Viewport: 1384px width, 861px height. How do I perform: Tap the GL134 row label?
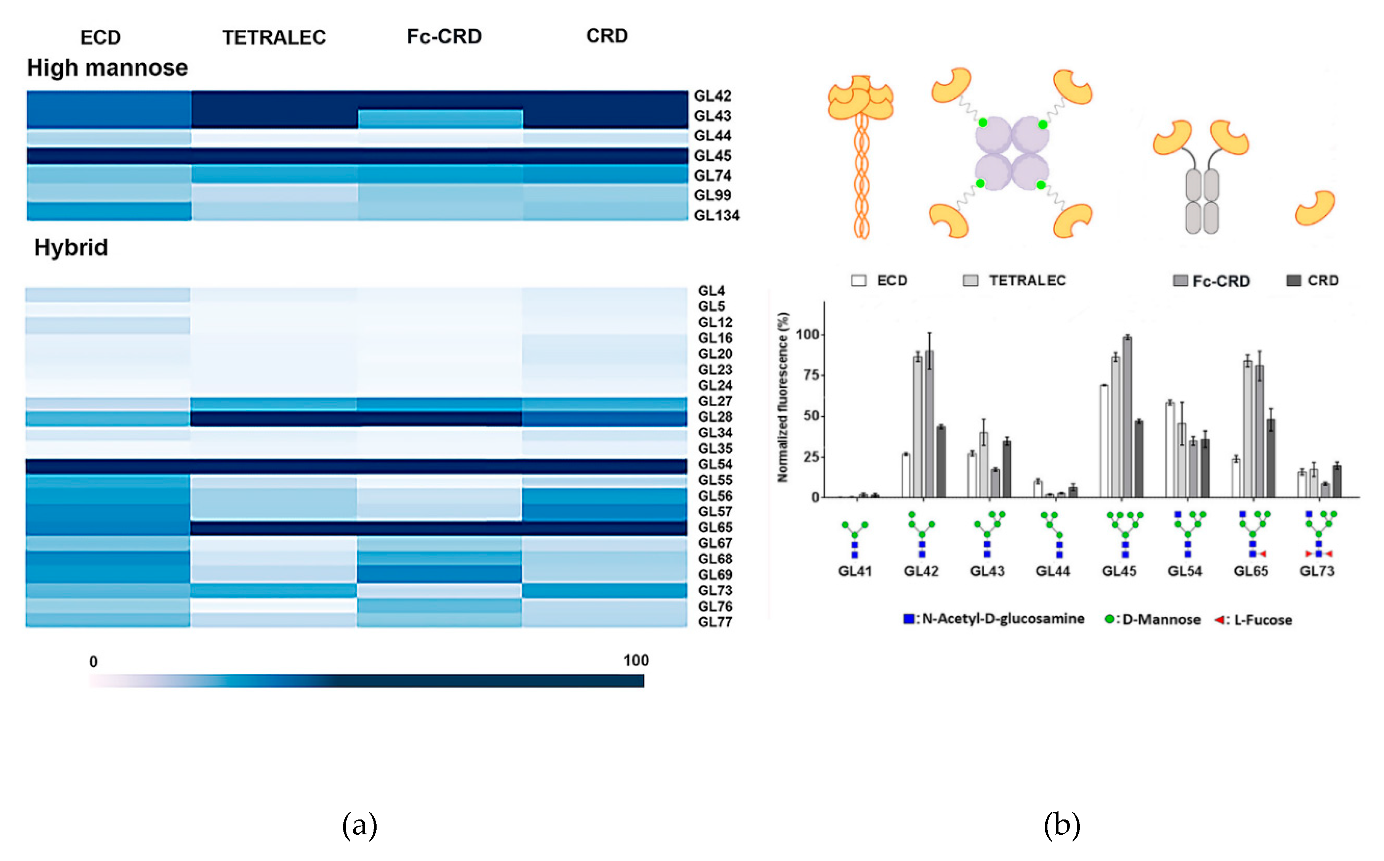tap(716, 215)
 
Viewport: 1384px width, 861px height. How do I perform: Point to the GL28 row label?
tap(715, 417)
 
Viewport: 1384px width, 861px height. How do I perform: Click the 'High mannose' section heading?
tap(107, 68)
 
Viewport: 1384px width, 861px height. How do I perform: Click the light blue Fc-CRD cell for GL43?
tap(440, 119)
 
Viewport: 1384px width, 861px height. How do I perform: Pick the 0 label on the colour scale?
tap(93, 662)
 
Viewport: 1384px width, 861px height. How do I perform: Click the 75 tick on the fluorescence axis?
tap(807, 375)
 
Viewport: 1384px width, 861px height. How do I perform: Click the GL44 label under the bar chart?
tap(1052, 571)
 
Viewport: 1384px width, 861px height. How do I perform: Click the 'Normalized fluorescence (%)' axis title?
tap(783, 397)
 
